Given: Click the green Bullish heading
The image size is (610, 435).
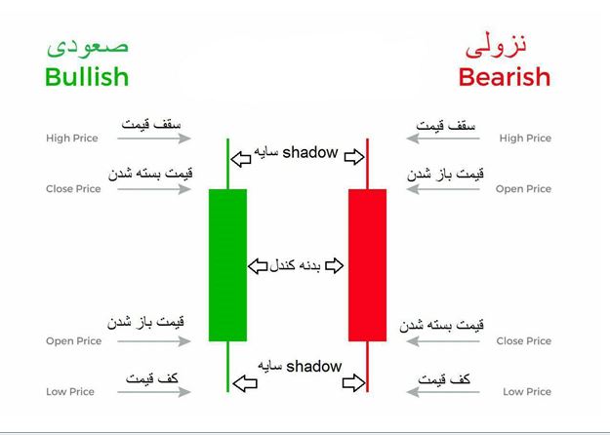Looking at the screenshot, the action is tap(87, 77).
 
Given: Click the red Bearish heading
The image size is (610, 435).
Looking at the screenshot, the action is tap(505, 77).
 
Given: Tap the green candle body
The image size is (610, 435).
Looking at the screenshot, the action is tap(227, 265).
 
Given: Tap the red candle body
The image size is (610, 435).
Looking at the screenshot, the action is tap(367, 265).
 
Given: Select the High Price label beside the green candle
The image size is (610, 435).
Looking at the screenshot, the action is tap(72, 138).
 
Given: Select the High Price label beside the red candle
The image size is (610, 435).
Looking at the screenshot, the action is tap(525, 138).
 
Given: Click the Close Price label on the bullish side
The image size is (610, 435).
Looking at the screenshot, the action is tap(73, 189).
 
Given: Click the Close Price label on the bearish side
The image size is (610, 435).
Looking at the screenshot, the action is tap(524, 341).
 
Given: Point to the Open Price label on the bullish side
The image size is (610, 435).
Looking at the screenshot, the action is tap(73, 341).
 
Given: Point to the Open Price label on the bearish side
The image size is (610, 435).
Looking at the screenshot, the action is tap(523, 189).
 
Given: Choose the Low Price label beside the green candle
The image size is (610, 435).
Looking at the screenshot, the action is tap(70, 391).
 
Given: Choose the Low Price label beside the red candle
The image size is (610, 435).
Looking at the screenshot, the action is tap(527, 391).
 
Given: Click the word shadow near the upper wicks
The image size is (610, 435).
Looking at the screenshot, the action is tap(310, 152).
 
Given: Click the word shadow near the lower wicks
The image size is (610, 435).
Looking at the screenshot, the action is tap(314, 366).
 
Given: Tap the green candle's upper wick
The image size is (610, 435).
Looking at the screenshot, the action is tap(227, 164).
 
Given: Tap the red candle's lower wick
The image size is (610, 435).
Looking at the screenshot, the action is tap(367, 367).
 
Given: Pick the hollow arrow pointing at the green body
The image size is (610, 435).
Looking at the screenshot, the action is tap(258, 266).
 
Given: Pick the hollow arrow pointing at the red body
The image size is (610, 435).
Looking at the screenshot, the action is tap(334, 266).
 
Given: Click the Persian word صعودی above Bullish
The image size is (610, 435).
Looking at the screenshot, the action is tap(88, 48).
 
